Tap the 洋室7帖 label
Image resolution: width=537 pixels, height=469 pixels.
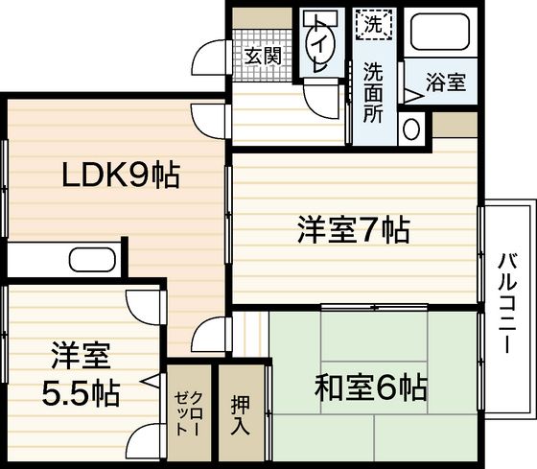pyautogui.click(x=354, y=229)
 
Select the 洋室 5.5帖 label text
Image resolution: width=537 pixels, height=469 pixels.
pyautogui.click(x=81, y=375)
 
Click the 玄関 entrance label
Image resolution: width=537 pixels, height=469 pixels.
pyautogui.click(x=261, y=55)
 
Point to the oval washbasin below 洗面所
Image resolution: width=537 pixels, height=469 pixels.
pyautogui.click(x=411, y=127)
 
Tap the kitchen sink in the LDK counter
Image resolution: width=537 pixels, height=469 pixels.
pyautogui.click(x=92, y=261)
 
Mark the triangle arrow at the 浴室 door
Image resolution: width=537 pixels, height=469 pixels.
pyautogui.click(x=410, y=94)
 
